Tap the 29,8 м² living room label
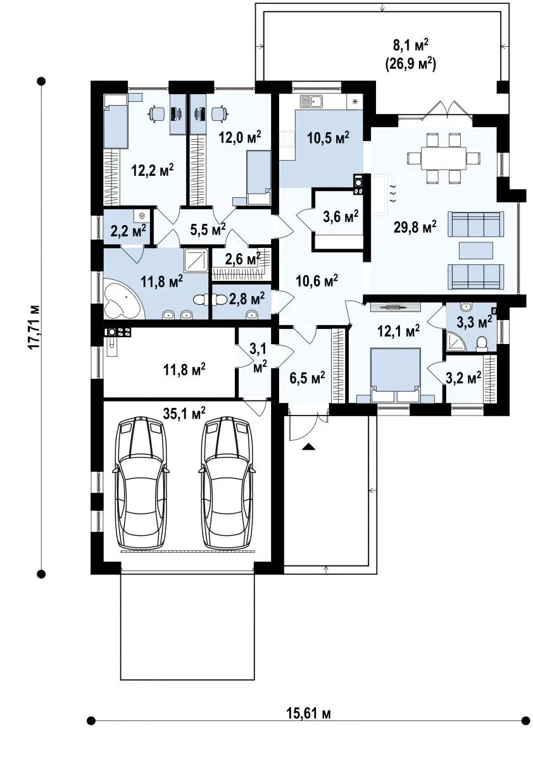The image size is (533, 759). pos(415,226)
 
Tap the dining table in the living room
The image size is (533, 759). pos(444,157)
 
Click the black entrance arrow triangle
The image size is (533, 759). pos(308,447)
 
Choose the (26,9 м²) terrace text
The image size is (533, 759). pos(410,63)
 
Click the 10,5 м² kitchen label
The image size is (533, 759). pos(328,138)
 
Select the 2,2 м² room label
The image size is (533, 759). pos(128,230)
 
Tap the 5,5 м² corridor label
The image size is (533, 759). pos(208,230)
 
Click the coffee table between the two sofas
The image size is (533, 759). pos(475,250)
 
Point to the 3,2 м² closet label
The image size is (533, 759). pos(463,377)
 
